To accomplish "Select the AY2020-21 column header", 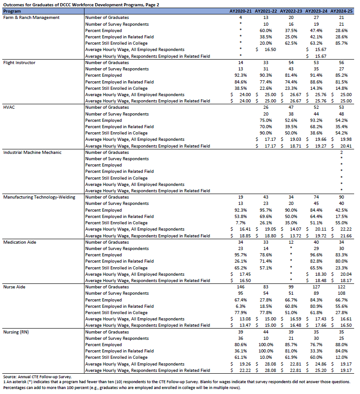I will pyautogui.click(x=240, y=10).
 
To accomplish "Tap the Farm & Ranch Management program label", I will pyautogui.click(x=31, y=17).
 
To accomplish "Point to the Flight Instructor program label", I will pyautogui.click(x=19, y=62).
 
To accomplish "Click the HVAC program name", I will pyautogui.click(x=9, y=107).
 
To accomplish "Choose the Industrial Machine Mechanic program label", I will pyautogui.click(x=32, y=152).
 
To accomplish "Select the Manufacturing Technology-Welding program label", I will pyautogui.click(x=39, y=197).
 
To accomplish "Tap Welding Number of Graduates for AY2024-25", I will pyautogui.click(x=341, y=197).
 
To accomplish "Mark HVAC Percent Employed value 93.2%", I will pyautogui.click(x=316, y=121).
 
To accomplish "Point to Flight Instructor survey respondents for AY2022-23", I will pyautogui.click(x=291, y=69).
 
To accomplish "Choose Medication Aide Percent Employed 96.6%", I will pyautogui.click(x=316, y=255).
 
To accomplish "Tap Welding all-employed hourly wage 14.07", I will pyautogui.click(x=291, y=229).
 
